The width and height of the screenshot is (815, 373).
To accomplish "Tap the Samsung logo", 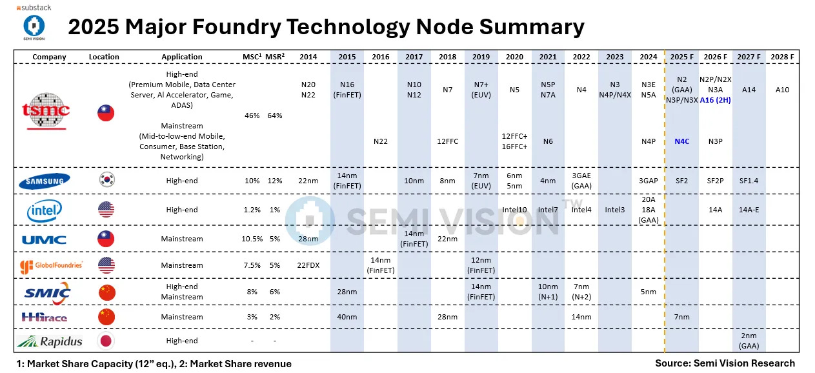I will tap(45, 181).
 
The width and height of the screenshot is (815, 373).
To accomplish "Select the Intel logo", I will tap(45, 210).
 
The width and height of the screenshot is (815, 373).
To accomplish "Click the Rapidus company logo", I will tap(45, 340).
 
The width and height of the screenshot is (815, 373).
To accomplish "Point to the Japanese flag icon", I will tap(106, 340).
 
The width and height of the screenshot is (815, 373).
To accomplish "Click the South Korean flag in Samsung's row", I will tap(106, 181).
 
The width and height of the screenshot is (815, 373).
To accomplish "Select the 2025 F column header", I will tap(682, 57).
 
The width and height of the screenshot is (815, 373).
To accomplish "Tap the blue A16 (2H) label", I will tap(716, 99).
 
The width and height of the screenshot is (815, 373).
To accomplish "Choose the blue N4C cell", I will tap(682, 141).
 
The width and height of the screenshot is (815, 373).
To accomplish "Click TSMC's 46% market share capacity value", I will tap(252, 116).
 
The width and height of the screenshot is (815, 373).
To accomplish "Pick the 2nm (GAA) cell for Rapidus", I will tap(749, 340).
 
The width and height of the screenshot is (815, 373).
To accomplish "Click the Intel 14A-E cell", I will tap(749, 210).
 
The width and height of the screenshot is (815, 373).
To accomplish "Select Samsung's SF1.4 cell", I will tap(749, 181).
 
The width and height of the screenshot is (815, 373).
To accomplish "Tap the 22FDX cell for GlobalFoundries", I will tap(308, 265).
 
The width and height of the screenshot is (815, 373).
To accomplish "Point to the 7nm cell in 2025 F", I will tap(682, 317).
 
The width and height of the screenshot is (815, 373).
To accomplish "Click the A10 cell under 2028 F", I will tap(782, 90).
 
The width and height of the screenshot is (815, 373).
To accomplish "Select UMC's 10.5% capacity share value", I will tap(252, 239).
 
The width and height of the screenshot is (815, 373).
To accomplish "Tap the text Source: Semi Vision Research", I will tap(725, 363).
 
